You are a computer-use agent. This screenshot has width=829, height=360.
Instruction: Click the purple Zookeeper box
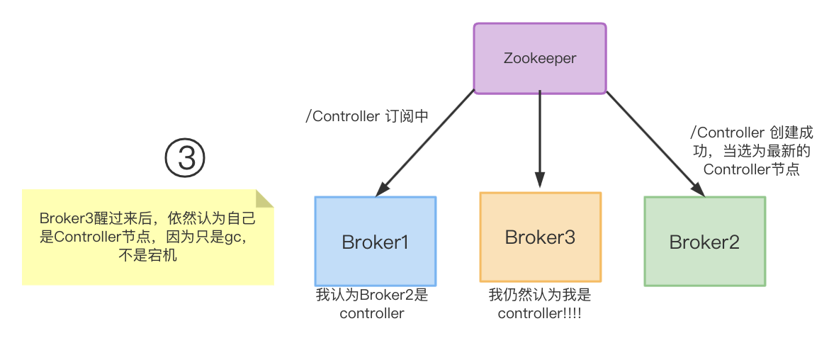pos(540,59)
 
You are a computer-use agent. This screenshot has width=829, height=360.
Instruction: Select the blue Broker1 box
pos(376,241)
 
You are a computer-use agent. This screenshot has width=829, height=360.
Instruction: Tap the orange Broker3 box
pos(540,237)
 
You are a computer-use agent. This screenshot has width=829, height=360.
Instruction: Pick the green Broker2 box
pos(704,241)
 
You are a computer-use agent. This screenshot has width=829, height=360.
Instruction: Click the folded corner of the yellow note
pos(264,198)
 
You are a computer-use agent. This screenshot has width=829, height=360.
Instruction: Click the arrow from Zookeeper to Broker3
pos(540,138)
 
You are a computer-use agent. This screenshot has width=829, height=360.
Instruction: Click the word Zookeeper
pos(540,59)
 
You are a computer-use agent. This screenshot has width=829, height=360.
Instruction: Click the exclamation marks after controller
pos(573,313)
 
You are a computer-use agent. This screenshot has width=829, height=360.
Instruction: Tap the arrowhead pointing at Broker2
pos(699,189)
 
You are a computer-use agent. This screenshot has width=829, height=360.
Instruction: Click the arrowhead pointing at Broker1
pos(383,189)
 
